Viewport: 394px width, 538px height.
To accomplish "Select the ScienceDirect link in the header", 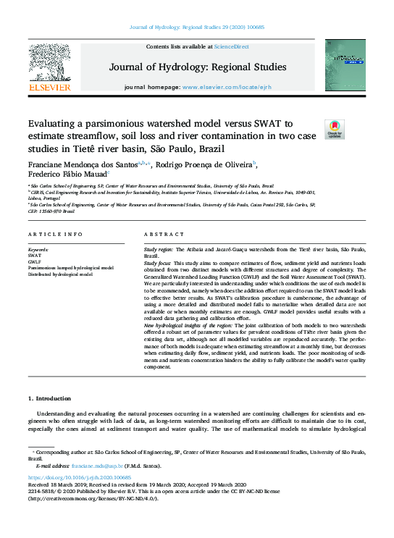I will point(232,46).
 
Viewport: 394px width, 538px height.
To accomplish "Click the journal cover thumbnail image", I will point(345,64).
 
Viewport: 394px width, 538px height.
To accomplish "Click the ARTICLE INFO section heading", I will point(54,235).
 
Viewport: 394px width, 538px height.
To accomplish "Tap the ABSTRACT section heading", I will point(159,235).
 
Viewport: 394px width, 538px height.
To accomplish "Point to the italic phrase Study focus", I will point(162,263).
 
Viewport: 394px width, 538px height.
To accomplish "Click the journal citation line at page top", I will point(197,27).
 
